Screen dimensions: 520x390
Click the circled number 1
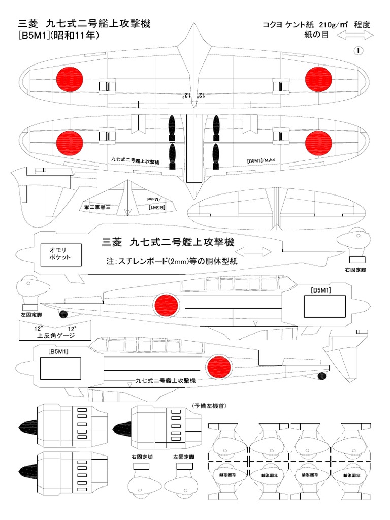coord(359,51)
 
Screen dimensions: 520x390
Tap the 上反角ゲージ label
coord(56,336)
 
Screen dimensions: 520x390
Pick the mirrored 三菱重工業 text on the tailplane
coord(94,207)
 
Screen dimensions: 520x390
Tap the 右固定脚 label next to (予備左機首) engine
coord(142,457)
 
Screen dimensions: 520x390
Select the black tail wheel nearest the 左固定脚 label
coord(63,314)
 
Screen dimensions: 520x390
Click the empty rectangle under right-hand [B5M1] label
coord(325,307)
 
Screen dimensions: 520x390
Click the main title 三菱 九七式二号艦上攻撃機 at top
coord(84,24)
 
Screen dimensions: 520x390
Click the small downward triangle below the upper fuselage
coord(256,323)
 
